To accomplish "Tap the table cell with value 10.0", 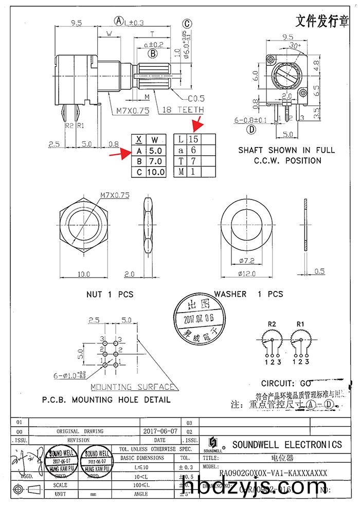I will click(156, 172).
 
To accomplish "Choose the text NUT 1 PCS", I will click(110, 295).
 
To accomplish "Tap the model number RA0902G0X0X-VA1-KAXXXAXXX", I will click(273, 473).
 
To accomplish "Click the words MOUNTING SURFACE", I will click(133, 387).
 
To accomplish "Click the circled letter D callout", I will click(251, 130).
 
